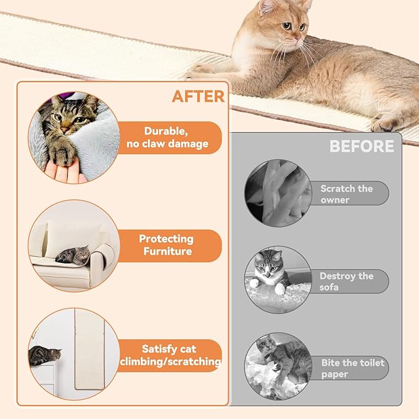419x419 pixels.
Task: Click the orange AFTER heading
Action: tap(198, 96)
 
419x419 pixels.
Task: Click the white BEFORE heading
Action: tap(361, 146)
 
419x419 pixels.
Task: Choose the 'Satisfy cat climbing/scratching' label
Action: tap(170, 355)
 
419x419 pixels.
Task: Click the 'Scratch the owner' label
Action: tap(347, 194)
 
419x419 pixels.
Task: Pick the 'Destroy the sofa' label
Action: tap(346, 281)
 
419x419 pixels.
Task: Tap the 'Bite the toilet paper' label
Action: tap(352, 368)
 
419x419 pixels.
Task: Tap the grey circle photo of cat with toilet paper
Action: tap(278, 367)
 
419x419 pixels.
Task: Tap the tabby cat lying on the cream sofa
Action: tap(73, 254)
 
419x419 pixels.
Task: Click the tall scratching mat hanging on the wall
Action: tap(90, 348)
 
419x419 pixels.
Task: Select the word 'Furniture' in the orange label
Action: tap(167, 251)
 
